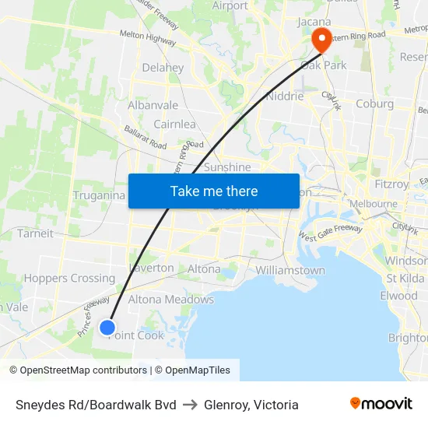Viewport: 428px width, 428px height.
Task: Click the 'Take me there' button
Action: click(x=214, y=191)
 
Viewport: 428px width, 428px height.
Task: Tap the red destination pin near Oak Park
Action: click(x=320, y=40)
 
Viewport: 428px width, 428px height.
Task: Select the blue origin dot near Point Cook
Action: click(x=108, y=328)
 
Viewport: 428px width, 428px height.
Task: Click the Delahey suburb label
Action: click(x=163, y=68)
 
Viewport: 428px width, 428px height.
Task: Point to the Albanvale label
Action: click(x=153, y=105)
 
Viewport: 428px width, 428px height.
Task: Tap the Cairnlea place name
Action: click(x=174, y=124)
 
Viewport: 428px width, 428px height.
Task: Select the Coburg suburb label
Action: click(x=374, y=103)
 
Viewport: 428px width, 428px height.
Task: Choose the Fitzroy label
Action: click(x=391, y=184)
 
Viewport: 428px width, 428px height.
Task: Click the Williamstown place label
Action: click(x=290, y=270)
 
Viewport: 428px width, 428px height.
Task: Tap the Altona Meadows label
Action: click(x=170, y=299)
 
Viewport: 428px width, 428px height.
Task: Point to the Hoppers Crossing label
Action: click(x=69, y=278)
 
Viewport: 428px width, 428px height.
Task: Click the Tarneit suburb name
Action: click(x=36, y=233)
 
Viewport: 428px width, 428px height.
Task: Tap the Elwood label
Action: click(x=399, y=296)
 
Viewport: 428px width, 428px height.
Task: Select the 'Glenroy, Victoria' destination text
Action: click(x=251, y=405)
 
